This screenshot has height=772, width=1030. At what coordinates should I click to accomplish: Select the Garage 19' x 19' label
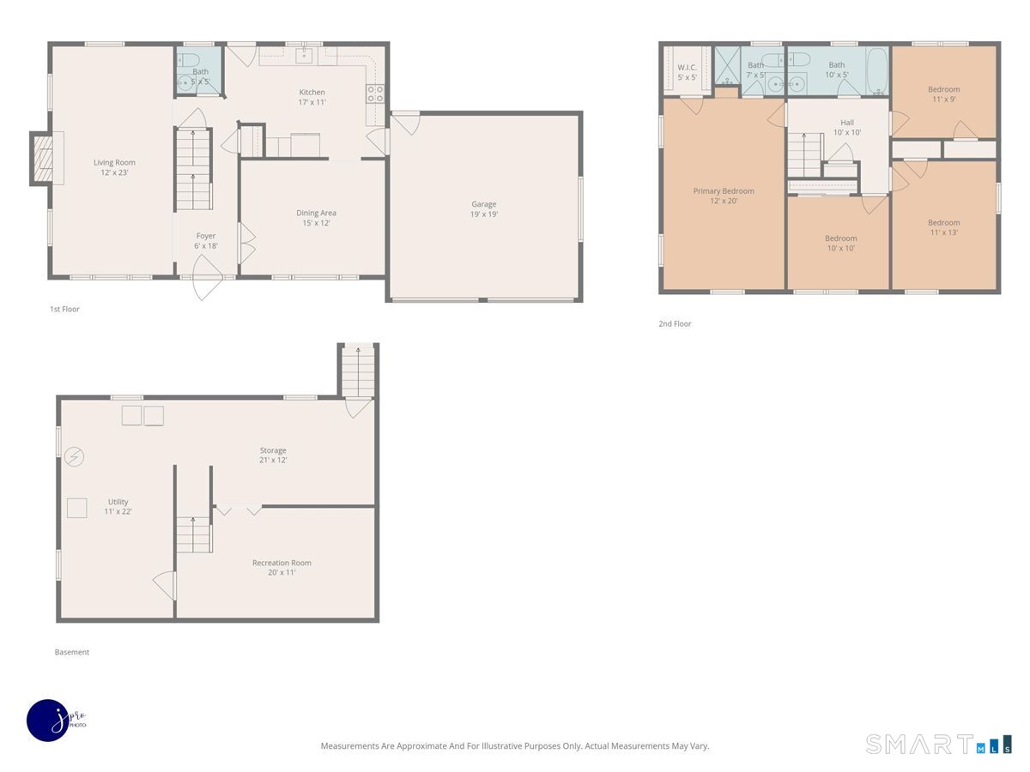(x=484, y=209)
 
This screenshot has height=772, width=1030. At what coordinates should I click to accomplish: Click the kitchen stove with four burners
(x=375, y=93)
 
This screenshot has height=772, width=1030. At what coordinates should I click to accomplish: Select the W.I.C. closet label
(x=687, y=72)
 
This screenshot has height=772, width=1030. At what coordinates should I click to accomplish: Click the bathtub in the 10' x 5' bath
(x=877, y=71)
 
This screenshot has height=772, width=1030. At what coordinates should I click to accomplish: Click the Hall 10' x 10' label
(x=847, y=128)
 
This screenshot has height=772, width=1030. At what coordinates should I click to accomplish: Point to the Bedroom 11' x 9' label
(x=943, y=94)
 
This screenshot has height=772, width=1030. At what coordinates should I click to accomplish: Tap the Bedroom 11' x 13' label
(x=943, y=227)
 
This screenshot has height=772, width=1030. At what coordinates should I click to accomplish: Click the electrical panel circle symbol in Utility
(x=74, y=456)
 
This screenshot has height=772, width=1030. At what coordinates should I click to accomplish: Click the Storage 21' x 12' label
(x=273, y=455)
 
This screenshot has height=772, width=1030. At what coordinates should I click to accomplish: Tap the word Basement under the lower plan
(x=72, y=652)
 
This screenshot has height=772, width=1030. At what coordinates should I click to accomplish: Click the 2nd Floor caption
(x=675, y=323)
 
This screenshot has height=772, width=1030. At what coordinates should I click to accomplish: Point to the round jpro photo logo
(x=49, y=721)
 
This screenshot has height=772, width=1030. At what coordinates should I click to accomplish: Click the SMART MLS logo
(x=938, y=744)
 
